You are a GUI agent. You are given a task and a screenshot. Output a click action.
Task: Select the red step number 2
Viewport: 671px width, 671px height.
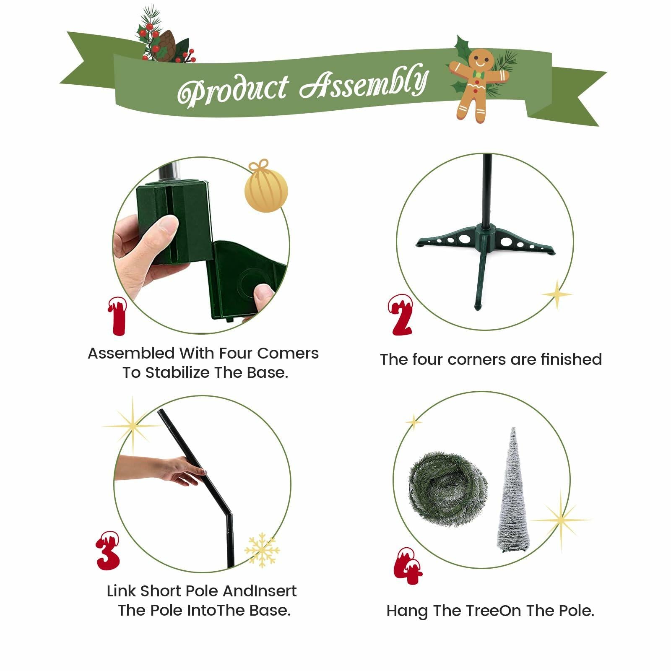click(401, 315)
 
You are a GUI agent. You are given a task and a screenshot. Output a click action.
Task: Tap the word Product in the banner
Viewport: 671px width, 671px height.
click(233, 91)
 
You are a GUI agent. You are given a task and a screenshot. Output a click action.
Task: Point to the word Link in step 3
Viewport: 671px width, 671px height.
click(122, 591)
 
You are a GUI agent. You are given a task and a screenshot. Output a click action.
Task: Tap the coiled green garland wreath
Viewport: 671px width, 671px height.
click(448, 489)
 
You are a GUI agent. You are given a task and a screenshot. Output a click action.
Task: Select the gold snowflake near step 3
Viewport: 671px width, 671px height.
click(262, 550)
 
